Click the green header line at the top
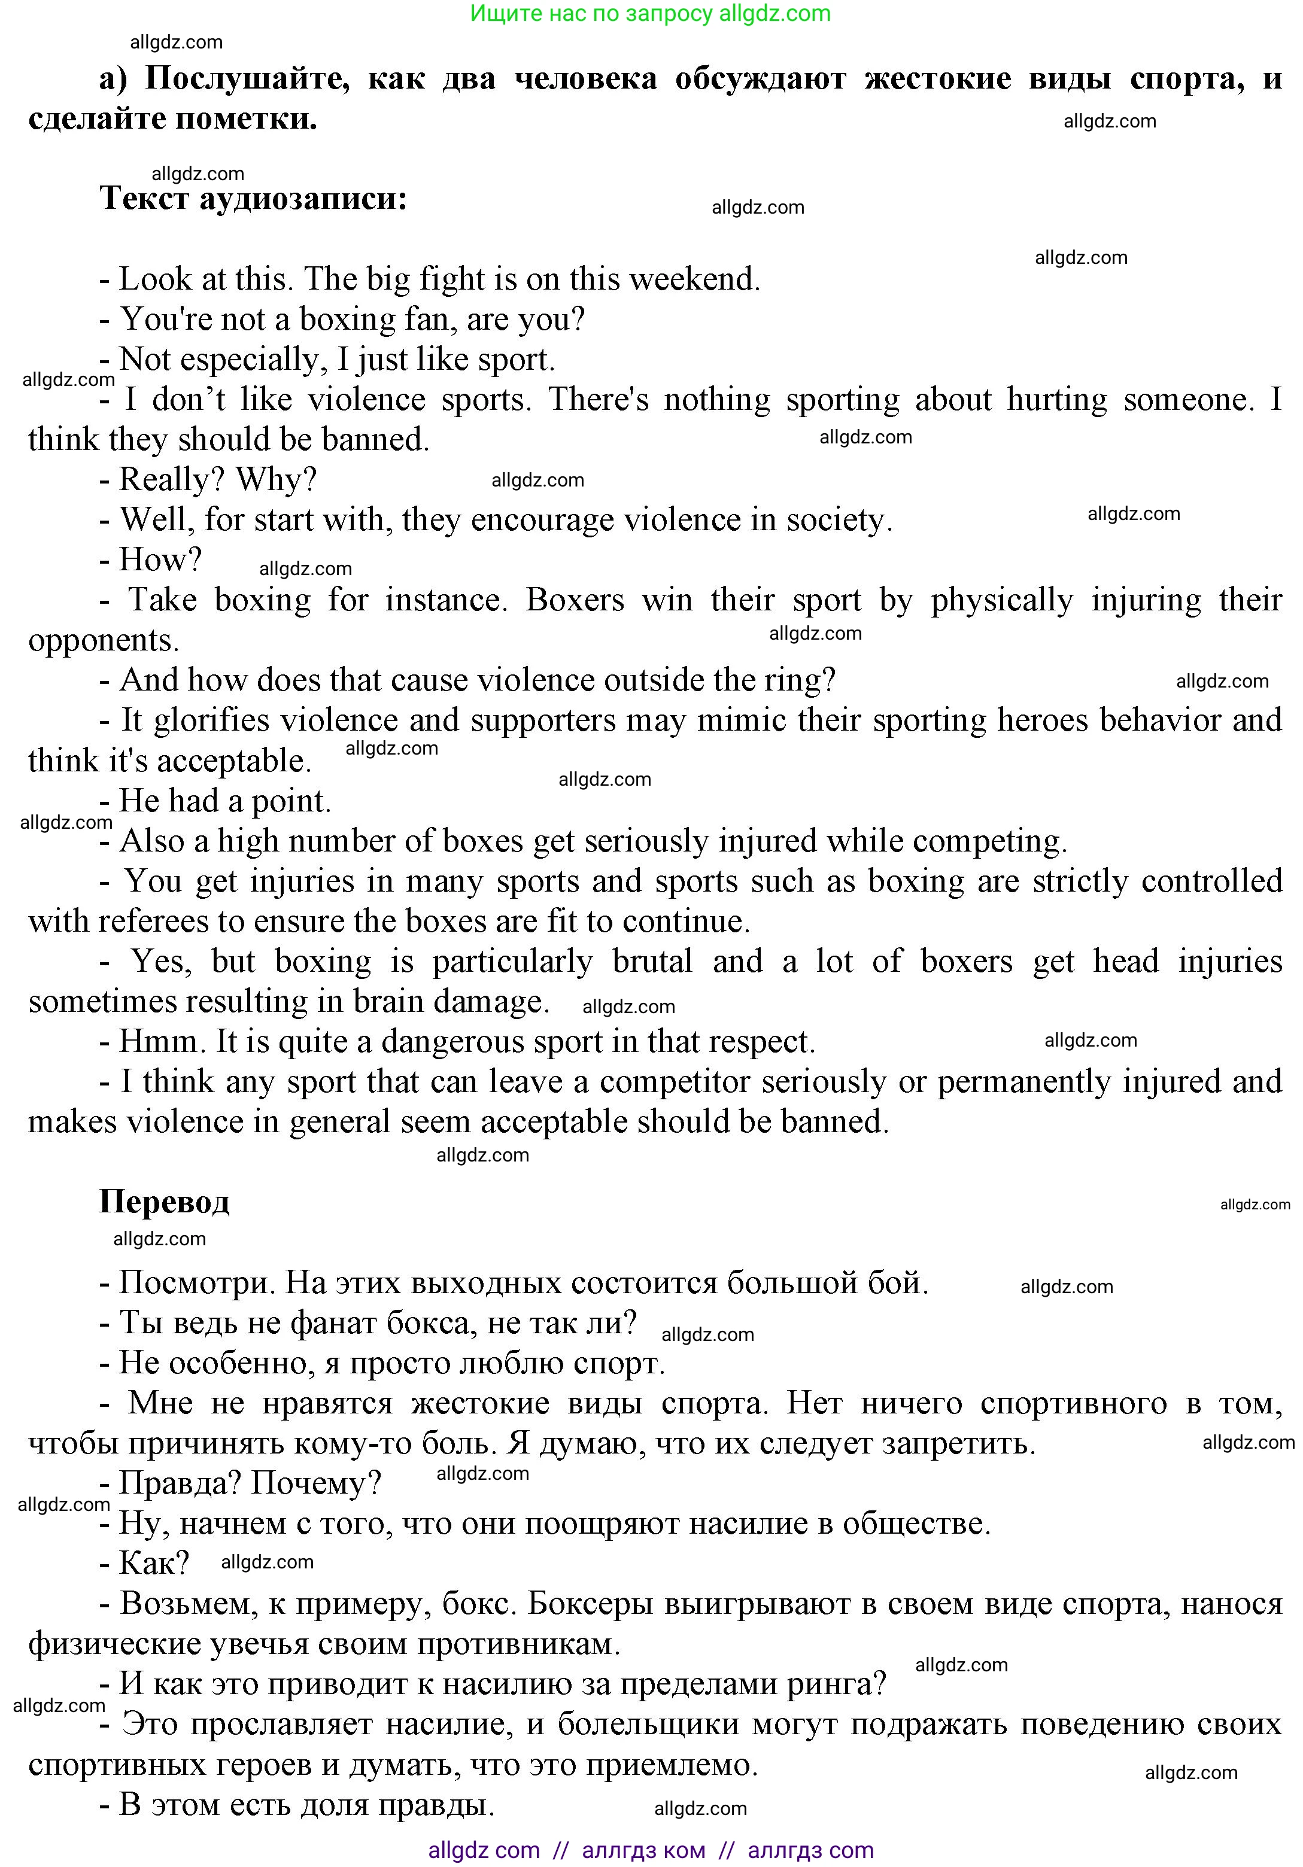tap(651, 14)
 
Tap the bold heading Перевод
tap(165, 1202)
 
